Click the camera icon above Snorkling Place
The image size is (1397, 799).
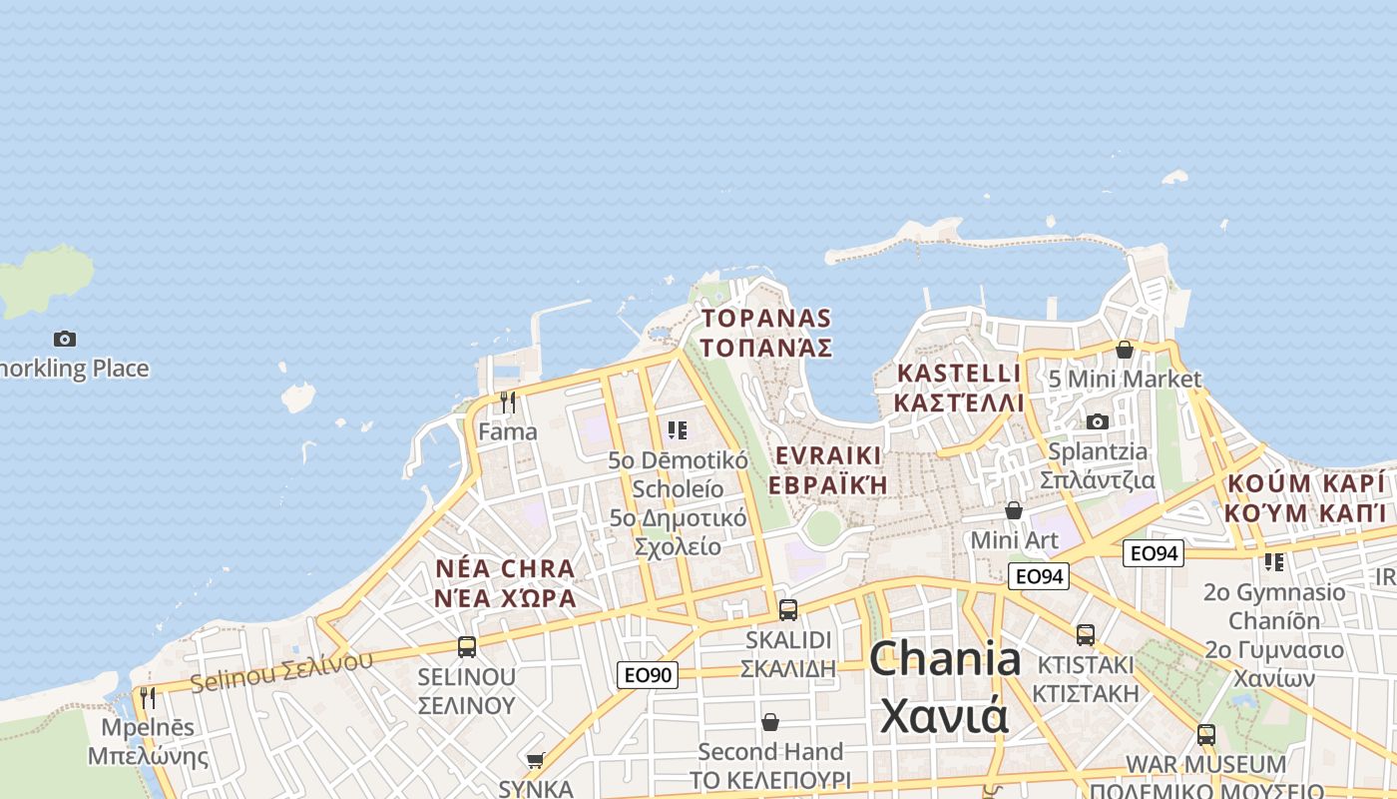[x=65, y=340]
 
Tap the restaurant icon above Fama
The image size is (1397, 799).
[x=508, y=402]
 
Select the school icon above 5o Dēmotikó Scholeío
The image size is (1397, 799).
[x=678, y=430]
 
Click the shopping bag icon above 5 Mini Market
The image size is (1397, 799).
[x=1125, y=350]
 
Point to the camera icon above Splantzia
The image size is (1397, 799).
[x=1098, y=421]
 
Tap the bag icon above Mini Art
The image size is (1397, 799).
[x=1014, y=510]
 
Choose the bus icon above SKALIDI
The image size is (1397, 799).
[x=788, y=609]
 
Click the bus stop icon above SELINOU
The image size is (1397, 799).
[x=467, y=646]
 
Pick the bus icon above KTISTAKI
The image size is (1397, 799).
[x=1086, y=634]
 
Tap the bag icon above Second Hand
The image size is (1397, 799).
[x=770, y=721]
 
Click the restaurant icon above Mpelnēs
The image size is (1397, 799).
[x=148, y=697]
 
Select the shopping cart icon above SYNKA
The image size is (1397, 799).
[x=536, y=761]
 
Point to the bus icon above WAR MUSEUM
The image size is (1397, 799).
[x=1206, y=735]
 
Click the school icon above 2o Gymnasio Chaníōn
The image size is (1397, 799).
[x=1274, y=562]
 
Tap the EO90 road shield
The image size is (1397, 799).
[x=648, y=675]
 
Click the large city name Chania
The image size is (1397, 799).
[x=945, y=660]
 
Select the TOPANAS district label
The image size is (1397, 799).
[x=766, y=319]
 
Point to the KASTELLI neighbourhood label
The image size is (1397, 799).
[x=959, y=374]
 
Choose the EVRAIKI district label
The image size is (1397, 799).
[x=828, y=456]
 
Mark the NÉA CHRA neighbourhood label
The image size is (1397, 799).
[x=505, y=569]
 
